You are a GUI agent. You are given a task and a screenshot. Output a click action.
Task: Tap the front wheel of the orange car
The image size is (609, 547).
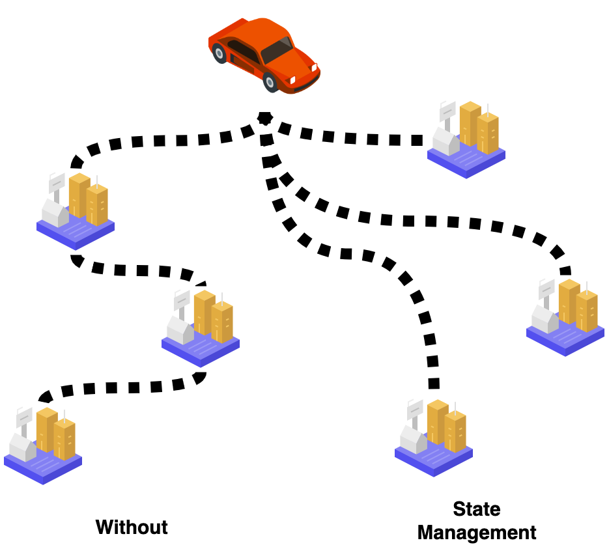271,82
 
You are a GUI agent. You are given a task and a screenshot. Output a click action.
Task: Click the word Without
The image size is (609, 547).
132,527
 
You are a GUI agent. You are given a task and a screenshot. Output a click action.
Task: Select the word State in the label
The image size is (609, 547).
476,509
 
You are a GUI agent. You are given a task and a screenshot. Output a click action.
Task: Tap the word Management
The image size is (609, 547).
477,532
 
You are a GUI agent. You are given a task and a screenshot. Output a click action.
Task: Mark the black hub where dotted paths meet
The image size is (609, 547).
264,118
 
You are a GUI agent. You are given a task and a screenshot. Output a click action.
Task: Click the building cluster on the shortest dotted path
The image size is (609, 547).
466,139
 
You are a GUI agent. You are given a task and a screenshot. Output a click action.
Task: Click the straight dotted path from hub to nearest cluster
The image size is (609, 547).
352,137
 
